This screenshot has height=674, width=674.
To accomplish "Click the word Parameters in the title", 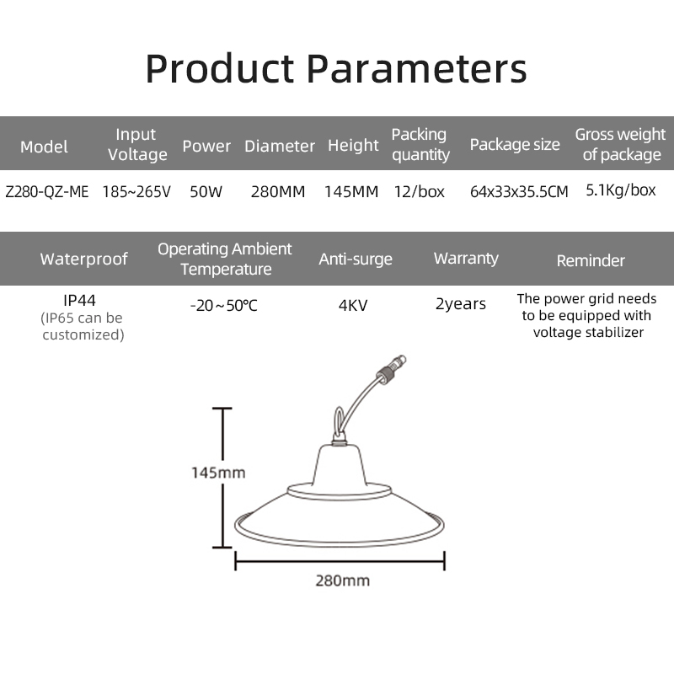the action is (x=416, y=69).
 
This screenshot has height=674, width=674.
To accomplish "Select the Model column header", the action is (x=44, y=147).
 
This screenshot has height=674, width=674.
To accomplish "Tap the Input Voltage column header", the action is (x=137, y=144).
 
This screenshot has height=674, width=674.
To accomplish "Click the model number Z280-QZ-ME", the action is (x=47, y=191).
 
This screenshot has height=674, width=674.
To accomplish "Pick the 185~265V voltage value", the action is (x=136, y=191).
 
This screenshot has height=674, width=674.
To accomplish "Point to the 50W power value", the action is (x=206, y=191).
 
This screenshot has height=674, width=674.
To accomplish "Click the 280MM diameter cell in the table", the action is (x=278, y=191).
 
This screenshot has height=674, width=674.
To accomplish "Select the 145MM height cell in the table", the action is (x=351, y=191).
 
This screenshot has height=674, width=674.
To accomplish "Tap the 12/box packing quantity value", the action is (x=419, y=191).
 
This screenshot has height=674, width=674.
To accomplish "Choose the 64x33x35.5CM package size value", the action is (x=519, y=191).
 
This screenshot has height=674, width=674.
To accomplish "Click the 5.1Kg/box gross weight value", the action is (x=621, y=190).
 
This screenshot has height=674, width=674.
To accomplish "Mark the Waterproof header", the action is (x=83, y=259).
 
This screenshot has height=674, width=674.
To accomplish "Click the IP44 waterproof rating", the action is (x=79, y=300).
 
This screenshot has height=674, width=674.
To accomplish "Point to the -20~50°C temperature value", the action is (x=224, y=305).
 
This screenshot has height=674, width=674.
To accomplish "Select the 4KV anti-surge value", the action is (x=353, y=305).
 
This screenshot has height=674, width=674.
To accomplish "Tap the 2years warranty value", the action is (x=460, y=304).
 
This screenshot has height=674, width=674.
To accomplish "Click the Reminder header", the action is (x=591, y=260).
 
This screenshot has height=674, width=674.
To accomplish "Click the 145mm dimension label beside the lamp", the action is (x=218, y=473).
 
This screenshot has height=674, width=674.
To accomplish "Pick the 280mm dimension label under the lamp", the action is (x=343, y=580).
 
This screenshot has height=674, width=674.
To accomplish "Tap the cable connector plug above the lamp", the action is (x=391, y=366).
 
